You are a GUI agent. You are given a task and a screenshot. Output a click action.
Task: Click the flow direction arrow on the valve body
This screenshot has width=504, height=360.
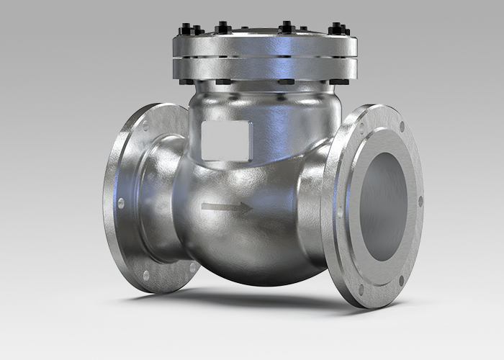coord(227,209)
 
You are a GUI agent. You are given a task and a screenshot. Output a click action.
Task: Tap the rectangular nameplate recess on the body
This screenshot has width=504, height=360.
coord(225,140)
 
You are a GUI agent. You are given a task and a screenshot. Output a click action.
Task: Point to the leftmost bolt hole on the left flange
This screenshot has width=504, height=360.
coord(120,204)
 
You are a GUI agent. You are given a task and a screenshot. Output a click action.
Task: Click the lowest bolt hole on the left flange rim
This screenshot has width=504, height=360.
coord(147,275)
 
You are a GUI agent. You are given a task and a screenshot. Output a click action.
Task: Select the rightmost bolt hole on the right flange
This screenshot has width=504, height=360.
coord(420,202)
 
